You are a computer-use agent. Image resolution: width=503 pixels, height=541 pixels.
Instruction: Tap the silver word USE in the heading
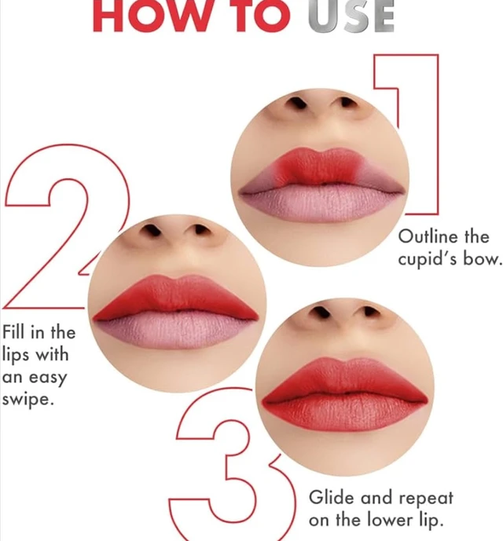coord(351,16)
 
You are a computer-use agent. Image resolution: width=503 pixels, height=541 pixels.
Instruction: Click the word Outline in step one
coord(428,236)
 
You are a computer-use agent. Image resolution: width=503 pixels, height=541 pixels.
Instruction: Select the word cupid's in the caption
coord(427,259)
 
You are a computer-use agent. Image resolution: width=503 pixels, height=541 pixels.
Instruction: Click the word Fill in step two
coord(13,332)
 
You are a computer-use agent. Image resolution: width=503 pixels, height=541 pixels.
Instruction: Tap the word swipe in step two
coord(28,400)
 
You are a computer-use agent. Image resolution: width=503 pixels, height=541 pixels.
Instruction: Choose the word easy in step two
coord(48,378)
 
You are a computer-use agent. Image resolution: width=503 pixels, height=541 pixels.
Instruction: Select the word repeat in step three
coord(426,499)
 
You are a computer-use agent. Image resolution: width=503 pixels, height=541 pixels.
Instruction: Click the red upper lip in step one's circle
coord(320,166)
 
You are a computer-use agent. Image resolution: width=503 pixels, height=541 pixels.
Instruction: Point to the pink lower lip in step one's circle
coord(321,204)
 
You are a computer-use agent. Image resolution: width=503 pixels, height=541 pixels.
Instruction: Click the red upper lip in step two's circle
coord(176,298)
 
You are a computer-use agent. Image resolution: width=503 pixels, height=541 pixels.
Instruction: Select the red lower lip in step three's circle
coord(345,414)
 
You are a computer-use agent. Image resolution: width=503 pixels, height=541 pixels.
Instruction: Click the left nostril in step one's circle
coord(297,103)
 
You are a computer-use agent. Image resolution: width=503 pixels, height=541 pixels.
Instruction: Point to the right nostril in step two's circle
coord(200,230)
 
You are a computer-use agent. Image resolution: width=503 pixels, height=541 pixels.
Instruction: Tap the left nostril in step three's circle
coord(321,313)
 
